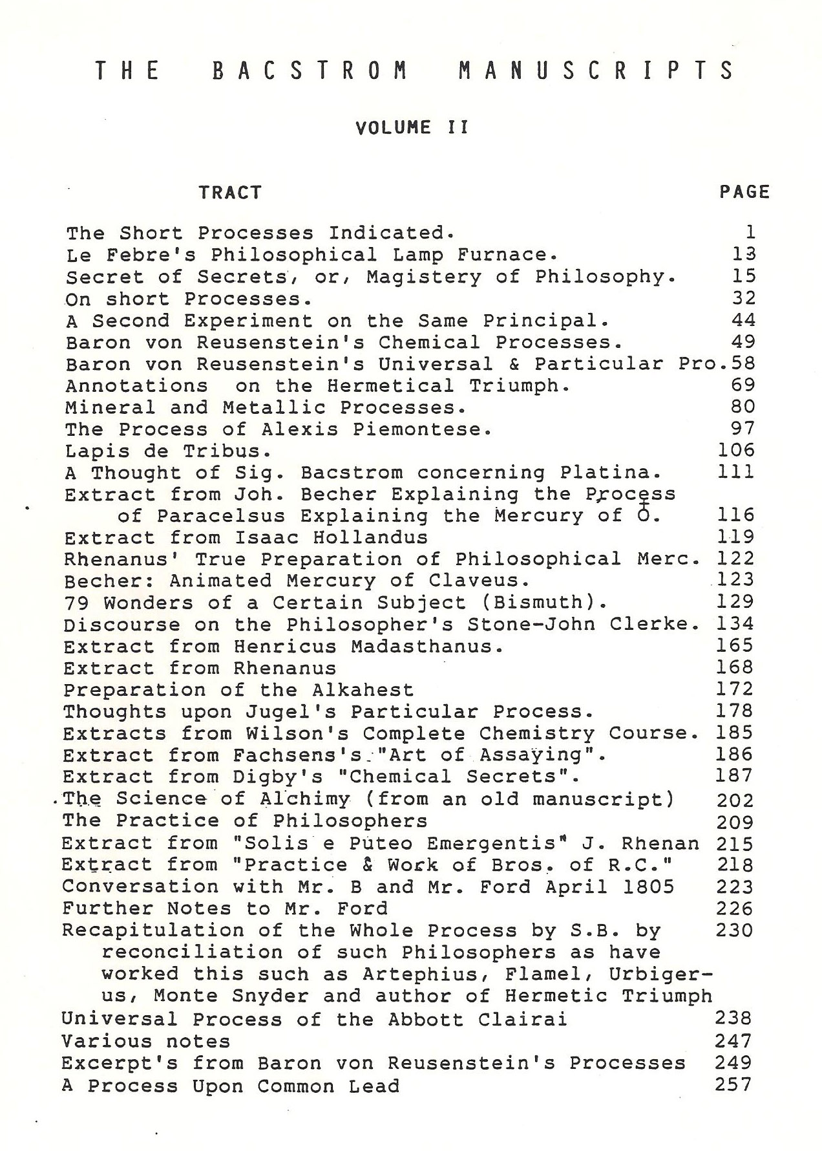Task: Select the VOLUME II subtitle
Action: point(412,127)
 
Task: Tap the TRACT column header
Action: point(230,193)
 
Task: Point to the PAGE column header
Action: point(744,192)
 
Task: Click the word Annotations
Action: point(137,385)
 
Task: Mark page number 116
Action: point(736,515)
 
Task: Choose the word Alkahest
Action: point(363,690)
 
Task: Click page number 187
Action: point(735,776)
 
